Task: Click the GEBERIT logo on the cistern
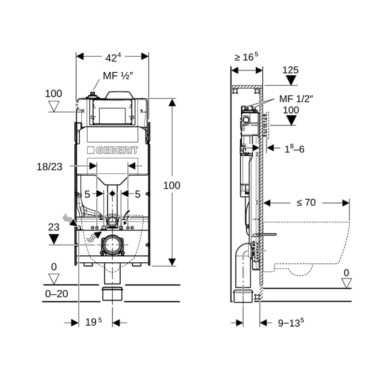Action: click(x=113, y=150)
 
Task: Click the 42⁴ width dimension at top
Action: click(x=113, y=57)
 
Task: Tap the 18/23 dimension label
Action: click(x=50, y=167)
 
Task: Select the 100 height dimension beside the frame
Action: click(x=172, y=185)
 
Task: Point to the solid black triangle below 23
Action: click(x=53, y=239)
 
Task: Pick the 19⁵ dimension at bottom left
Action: click(x=93, y=322)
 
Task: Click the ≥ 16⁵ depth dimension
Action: click(x=246, y=57)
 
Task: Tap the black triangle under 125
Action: click(x=291, y=81)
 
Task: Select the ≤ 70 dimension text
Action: click(x=306, y=203)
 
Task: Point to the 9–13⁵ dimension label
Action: click(x=291, y=323)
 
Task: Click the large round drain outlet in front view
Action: click(x=113, y=246)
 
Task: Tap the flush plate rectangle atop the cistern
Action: click(x=113, y=114)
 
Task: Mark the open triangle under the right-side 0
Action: click(x=346, y=283)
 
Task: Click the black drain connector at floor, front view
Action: click(x=113, y=295)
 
